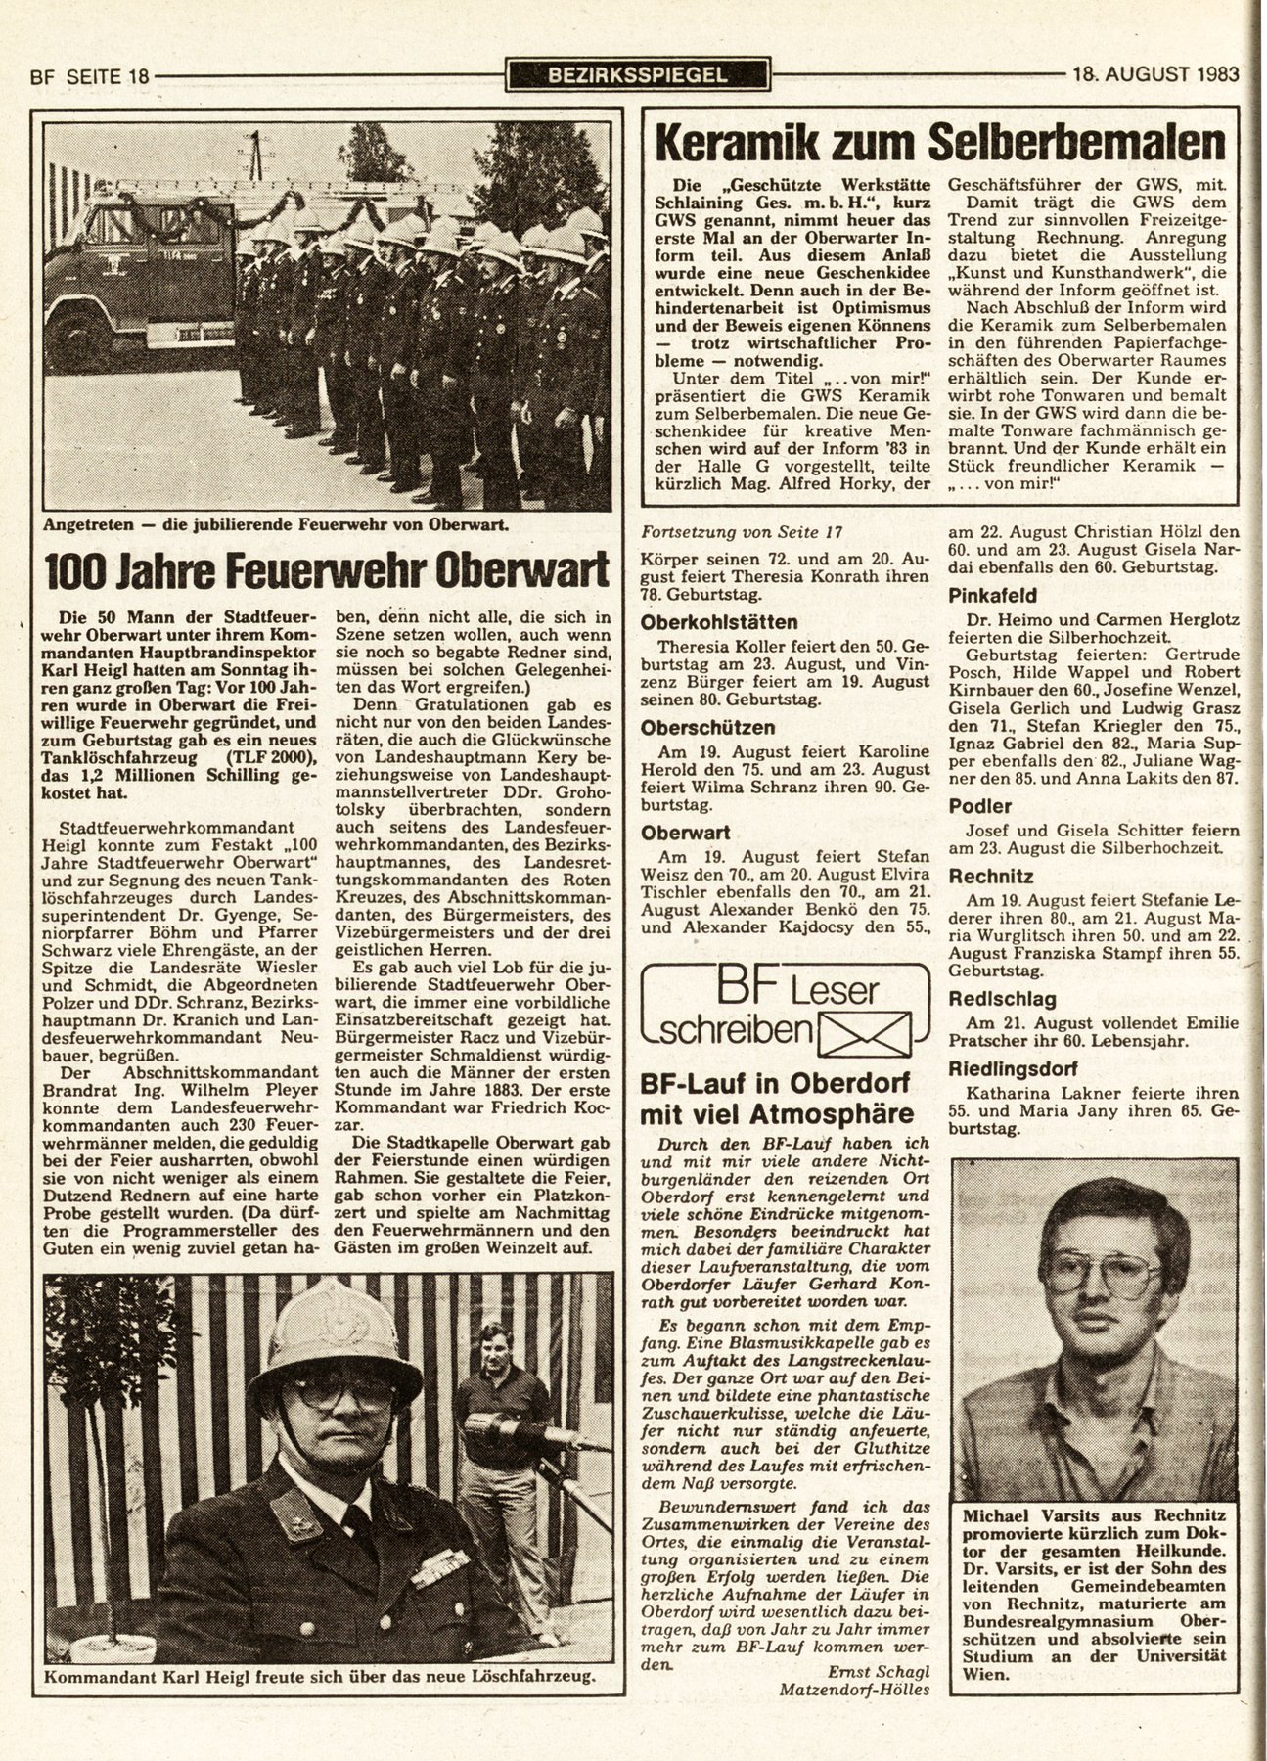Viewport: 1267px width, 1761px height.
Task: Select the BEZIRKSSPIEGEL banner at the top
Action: click(639, 73)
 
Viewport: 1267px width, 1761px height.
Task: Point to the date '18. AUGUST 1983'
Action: click(1154, 73)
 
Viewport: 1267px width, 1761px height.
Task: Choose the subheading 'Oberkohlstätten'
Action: click(718, 622)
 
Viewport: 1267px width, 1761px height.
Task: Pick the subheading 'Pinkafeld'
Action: click(991, 595)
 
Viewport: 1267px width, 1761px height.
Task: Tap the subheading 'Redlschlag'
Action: click(1001, 999)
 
